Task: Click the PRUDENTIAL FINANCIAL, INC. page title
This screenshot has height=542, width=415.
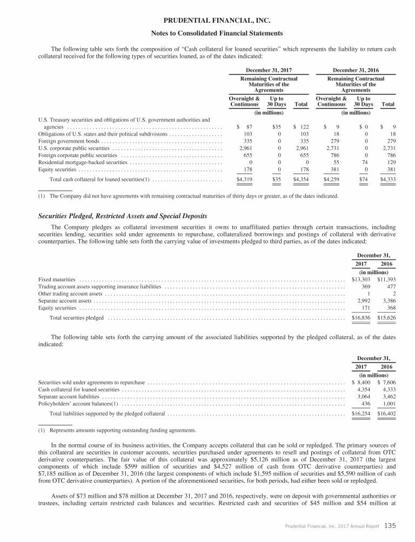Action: pos(207,21)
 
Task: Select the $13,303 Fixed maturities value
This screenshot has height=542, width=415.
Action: pos(361,279)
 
